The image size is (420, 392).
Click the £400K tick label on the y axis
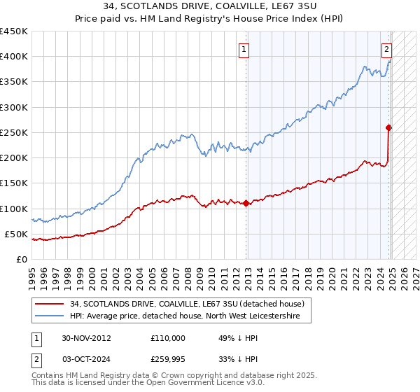13,57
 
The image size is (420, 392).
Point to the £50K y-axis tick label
16,234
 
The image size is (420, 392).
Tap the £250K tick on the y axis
13,132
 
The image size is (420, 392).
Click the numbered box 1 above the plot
244,49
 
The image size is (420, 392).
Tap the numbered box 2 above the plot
386,49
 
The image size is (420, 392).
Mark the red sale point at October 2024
388,127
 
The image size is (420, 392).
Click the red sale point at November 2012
246,204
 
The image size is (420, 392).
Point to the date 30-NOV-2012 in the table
86,337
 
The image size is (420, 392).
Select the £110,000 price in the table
168,337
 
